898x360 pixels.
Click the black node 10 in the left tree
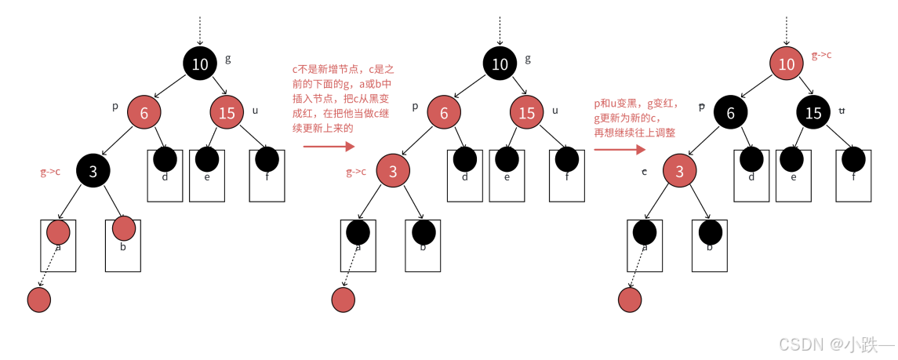(200, 64)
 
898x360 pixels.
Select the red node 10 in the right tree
(787, 64)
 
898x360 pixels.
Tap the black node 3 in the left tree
(93, 170)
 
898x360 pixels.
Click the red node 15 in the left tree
(227, 113)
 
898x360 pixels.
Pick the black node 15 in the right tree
(813, 113)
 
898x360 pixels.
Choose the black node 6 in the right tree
(731, 113)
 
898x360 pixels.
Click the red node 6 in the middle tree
(444, 113)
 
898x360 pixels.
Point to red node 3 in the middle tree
(393, 170)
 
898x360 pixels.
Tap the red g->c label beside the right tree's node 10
(822, 56)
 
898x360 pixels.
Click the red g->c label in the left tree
(50, 172)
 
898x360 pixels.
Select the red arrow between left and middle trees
(329, 145)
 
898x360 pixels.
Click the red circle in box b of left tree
(124, 228)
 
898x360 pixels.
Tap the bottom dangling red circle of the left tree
(38, 299)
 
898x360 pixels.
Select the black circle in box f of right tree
(854, 160)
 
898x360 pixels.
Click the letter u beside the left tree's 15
(255, 111)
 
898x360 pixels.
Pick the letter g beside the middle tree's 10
(527, 58)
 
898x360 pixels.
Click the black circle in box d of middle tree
(466, 160)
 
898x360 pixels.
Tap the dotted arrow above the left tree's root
(200, 30)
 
